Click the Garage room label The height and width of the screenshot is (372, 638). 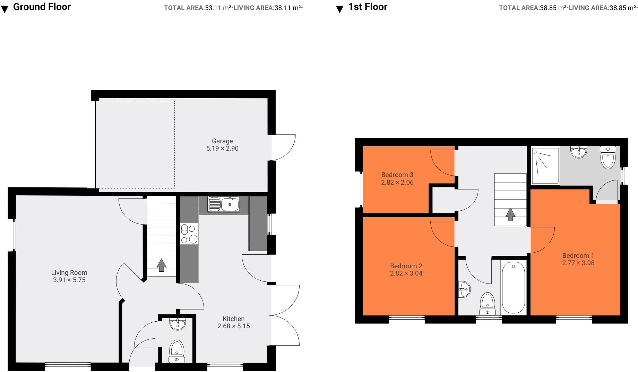point(222,141)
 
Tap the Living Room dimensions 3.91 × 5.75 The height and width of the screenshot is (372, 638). point(69,280)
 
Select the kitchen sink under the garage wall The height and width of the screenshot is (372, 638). point(224,204)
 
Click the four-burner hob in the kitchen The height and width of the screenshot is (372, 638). point(189,234)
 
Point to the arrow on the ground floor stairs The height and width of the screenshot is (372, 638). point(162,265)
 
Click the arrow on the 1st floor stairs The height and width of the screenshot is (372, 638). point(510,214)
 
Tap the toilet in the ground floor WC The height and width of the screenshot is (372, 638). point(177,350)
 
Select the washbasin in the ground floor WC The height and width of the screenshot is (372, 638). point(178,324)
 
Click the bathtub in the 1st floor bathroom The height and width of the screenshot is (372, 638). point(514,288)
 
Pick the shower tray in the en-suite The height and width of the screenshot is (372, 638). point(545,166)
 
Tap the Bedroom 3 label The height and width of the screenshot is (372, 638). point(397,175)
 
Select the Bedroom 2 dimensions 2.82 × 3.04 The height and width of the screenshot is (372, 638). point(406,273)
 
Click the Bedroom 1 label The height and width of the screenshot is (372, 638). point(578,256)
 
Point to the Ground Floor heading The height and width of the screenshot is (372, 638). point(42,7)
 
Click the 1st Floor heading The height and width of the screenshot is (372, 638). point(368,7)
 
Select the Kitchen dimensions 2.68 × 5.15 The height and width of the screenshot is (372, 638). point(233,326)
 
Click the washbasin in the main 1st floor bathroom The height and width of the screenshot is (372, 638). point(464,289)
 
